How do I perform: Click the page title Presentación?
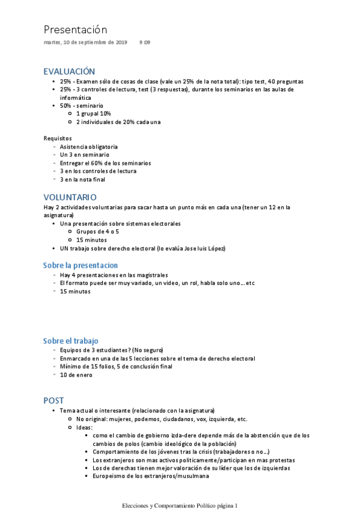[x=75, y=29]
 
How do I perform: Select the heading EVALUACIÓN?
[x=69, y=71]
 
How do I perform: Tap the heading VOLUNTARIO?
[x=70, y=197]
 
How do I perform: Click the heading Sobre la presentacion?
[x=81, y=265]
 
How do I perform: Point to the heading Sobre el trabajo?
[x=70, y=340]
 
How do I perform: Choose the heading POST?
[x=54, y=400]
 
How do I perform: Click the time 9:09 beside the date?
[x=145, y=43]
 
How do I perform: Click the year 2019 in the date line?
[x=120, y=43]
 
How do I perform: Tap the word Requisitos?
[x=58, y=138]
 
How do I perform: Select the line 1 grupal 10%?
[x=93, y=113]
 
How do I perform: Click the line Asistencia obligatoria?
[x=89, y=146]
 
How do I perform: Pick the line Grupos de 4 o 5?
[x=97, y=231]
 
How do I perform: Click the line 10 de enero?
[x=76, y=375]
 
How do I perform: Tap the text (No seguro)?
[x=149, y=349]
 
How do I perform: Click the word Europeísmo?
[x=109, y=476]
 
